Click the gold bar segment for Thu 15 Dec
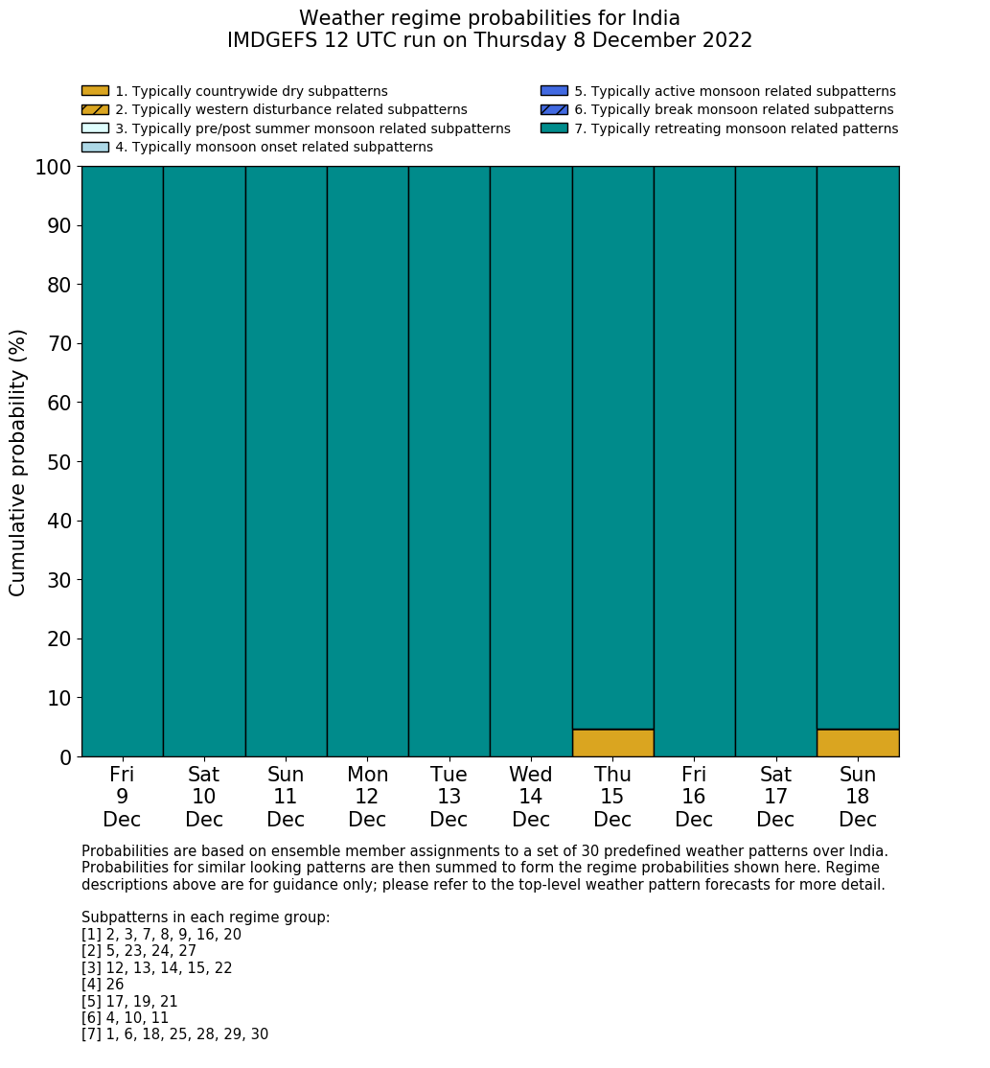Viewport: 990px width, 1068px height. coord(612,743)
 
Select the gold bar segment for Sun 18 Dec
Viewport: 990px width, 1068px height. coord(858,743)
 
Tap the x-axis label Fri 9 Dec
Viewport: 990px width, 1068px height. coord(122,797)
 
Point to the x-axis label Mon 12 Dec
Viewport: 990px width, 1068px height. coord(367,797)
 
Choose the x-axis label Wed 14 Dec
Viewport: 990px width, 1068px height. coord(531,797)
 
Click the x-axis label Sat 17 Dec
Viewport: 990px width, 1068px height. coord(775,797)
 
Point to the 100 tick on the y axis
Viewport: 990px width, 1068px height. coord(54,168)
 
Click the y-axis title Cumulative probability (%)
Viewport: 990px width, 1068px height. coord(18,462)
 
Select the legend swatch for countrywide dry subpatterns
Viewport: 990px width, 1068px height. coord(95,91)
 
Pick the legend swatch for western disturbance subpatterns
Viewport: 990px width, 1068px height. coord(95,109)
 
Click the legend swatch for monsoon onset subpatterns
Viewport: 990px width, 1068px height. coord(95,147)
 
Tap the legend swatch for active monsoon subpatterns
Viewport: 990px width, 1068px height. coord(554,91)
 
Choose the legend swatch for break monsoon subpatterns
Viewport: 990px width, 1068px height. coord(554,109)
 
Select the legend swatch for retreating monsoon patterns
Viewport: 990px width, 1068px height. coord(554,128)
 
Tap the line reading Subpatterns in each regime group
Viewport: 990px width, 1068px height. coord(205,917)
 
